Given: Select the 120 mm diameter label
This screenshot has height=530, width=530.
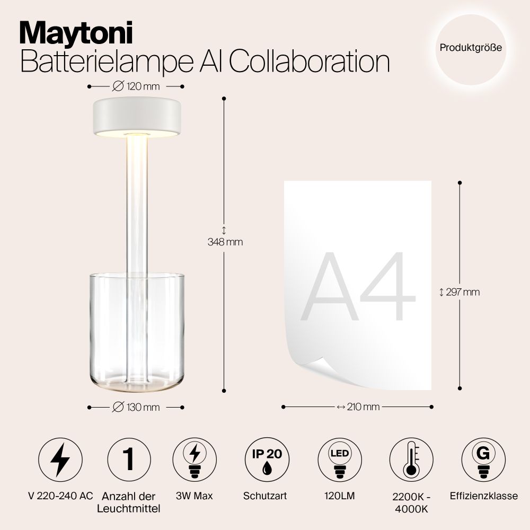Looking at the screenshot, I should coord(136,86).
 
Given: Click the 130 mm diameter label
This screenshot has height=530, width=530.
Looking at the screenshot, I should coord(136,407).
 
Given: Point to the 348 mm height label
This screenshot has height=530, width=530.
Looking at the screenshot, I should coord(225,242).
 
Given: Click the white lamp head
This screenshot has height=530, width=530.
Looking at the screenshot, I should coord(136,118).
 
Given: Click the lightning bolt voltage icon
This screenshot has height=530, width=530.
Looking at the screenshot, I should coord(60,460).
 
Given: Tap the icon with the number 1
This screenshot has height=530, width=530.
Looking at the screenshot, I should coord(129,460).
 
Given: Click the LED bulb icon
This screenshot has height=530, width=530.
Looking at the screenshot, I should coord(339,460).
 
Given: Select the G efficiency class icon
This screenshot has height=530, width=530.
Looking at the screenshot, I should coord(483,460).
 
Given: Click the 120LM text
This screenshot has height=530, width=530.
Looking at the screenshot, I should coord(339,496).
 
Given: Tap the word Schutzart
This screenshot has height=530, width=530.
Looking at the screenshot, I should coord(265,496).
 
